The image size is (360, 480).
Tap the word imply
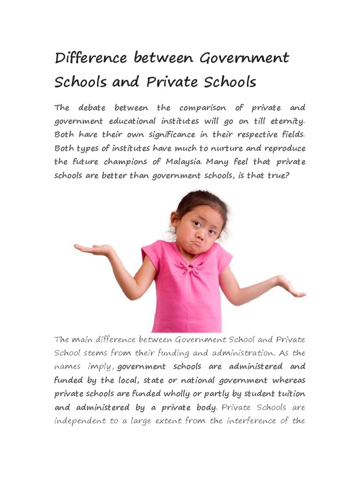click(100, 366)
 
